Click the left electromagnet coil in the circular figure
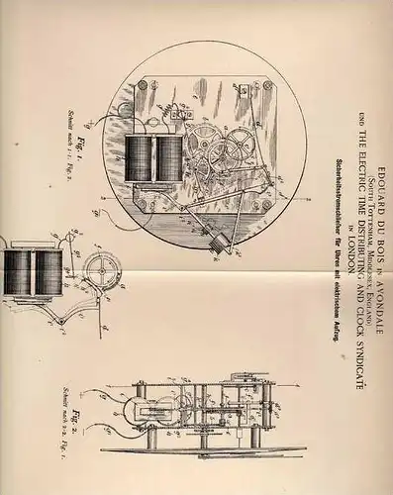(x=142, y=157)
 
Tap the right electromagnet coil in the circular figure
(x=169, y=157)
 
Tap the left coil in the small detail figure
(x=20, y=271)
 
